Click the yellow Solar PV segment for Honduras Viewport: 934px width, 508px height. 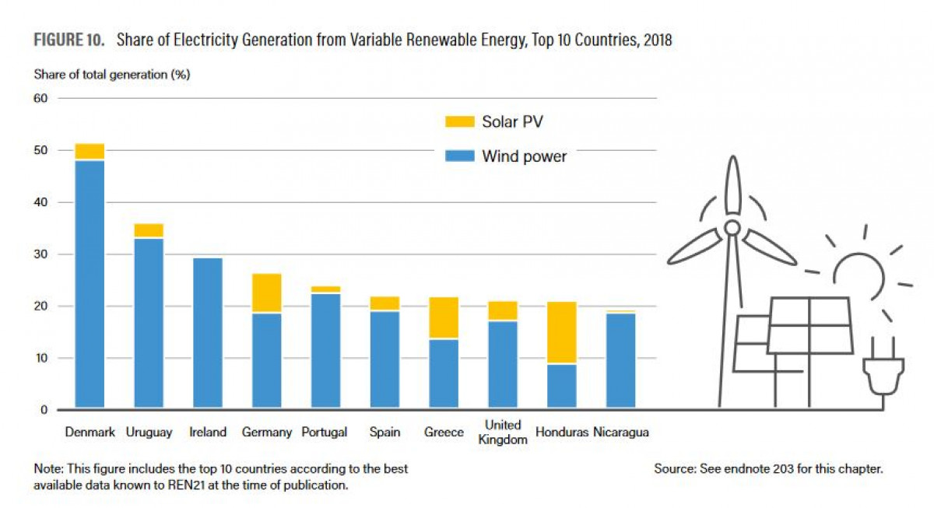[562, 332]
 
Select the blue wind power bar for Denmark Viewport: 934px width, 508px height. [90, 284]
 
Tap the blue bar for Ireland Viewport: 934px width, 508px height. [208, 332]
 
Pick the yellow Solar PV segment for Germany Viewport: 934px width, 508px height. [267, 293]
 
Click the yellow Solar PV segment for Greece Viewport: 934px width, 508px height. [444, 317]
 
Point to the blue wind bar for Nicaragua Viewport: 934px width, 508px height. [621, 360]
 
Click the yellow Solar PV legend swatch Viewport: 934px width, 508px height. [460, 121]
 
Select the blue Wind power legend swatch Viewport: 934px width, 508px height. [460, 156]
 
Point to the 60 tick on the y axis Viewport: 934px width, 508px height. [40, 98]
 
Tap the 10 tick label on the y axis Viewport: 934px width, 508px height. [41, 358]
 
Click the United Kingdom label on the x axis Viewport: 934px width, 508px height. [503, 433]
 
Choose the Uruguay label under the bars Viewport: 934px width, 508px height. [149, 433]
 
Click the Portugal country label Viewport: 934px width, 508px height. [325, 433]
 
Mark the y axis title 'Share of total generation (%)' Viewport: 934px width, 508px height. [112, 75]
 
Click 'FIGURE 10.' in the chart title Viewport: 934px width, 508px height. [68, 40]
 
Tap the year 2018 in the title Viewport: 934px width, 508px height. [658, 40]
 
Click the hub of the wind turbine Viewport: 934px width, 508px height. [732, 228]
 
